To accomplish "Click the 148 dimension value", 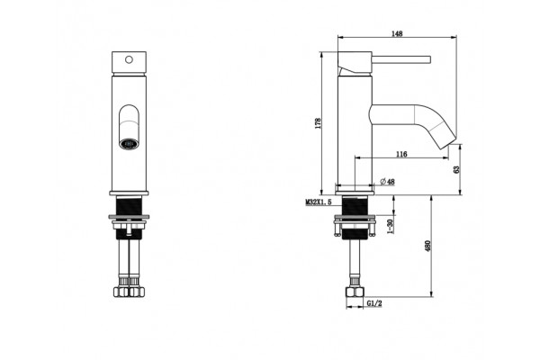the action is (397, 33).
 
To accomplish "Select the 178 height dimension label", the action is (318, 123).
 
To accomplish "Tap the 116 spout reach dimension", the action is (401, 154).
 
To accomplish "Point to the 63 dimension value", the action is (456, 169).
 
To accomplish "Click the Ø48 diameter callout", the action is (387, 182).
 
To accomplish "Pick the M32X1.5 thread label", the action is (319, 202).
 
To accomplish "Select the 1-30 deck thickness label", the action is (390, 226).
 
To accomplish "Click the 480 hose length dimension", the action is (427, 246).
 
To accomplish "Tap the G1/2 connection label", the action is (374, 303).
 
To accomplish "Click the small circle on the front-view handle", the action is (129, 59).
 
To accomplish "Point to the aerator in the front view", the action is (129, 143).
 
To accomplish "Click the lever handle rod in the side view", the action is (401, 59).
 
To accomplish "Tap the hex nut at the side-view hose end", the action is (355, 292).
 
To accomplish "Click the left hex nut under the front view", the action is (121, 292).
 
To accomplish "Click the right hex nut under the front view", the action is (137, 292).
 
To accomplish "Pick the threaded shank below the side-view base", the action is (355, 206).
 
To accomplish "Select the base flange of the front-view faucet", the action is (129, 193).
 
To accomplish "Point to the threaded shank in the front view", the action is (129, 206).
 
